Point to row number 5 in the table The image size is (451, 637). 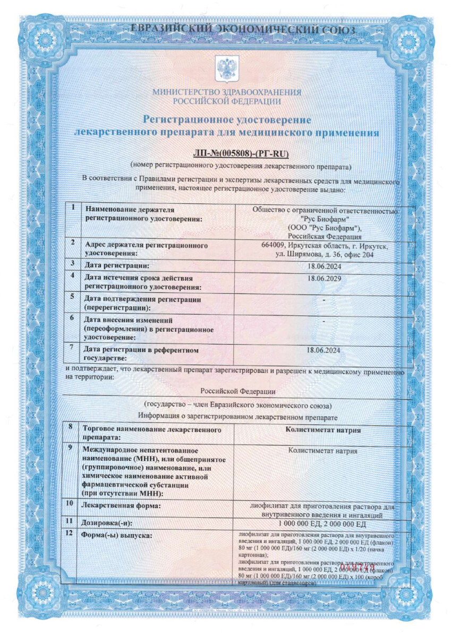pyautogui.click(x=72, y=297)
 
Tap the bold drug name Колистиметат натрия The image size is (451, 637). pyautogui.click(x=323, y=430)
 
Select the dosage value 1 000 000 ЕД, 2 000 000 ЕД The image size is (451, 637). pyautogui.click(x=323, y=523)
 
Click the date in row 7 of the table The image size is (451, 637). pyautogui.click(x=324, y=350)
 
